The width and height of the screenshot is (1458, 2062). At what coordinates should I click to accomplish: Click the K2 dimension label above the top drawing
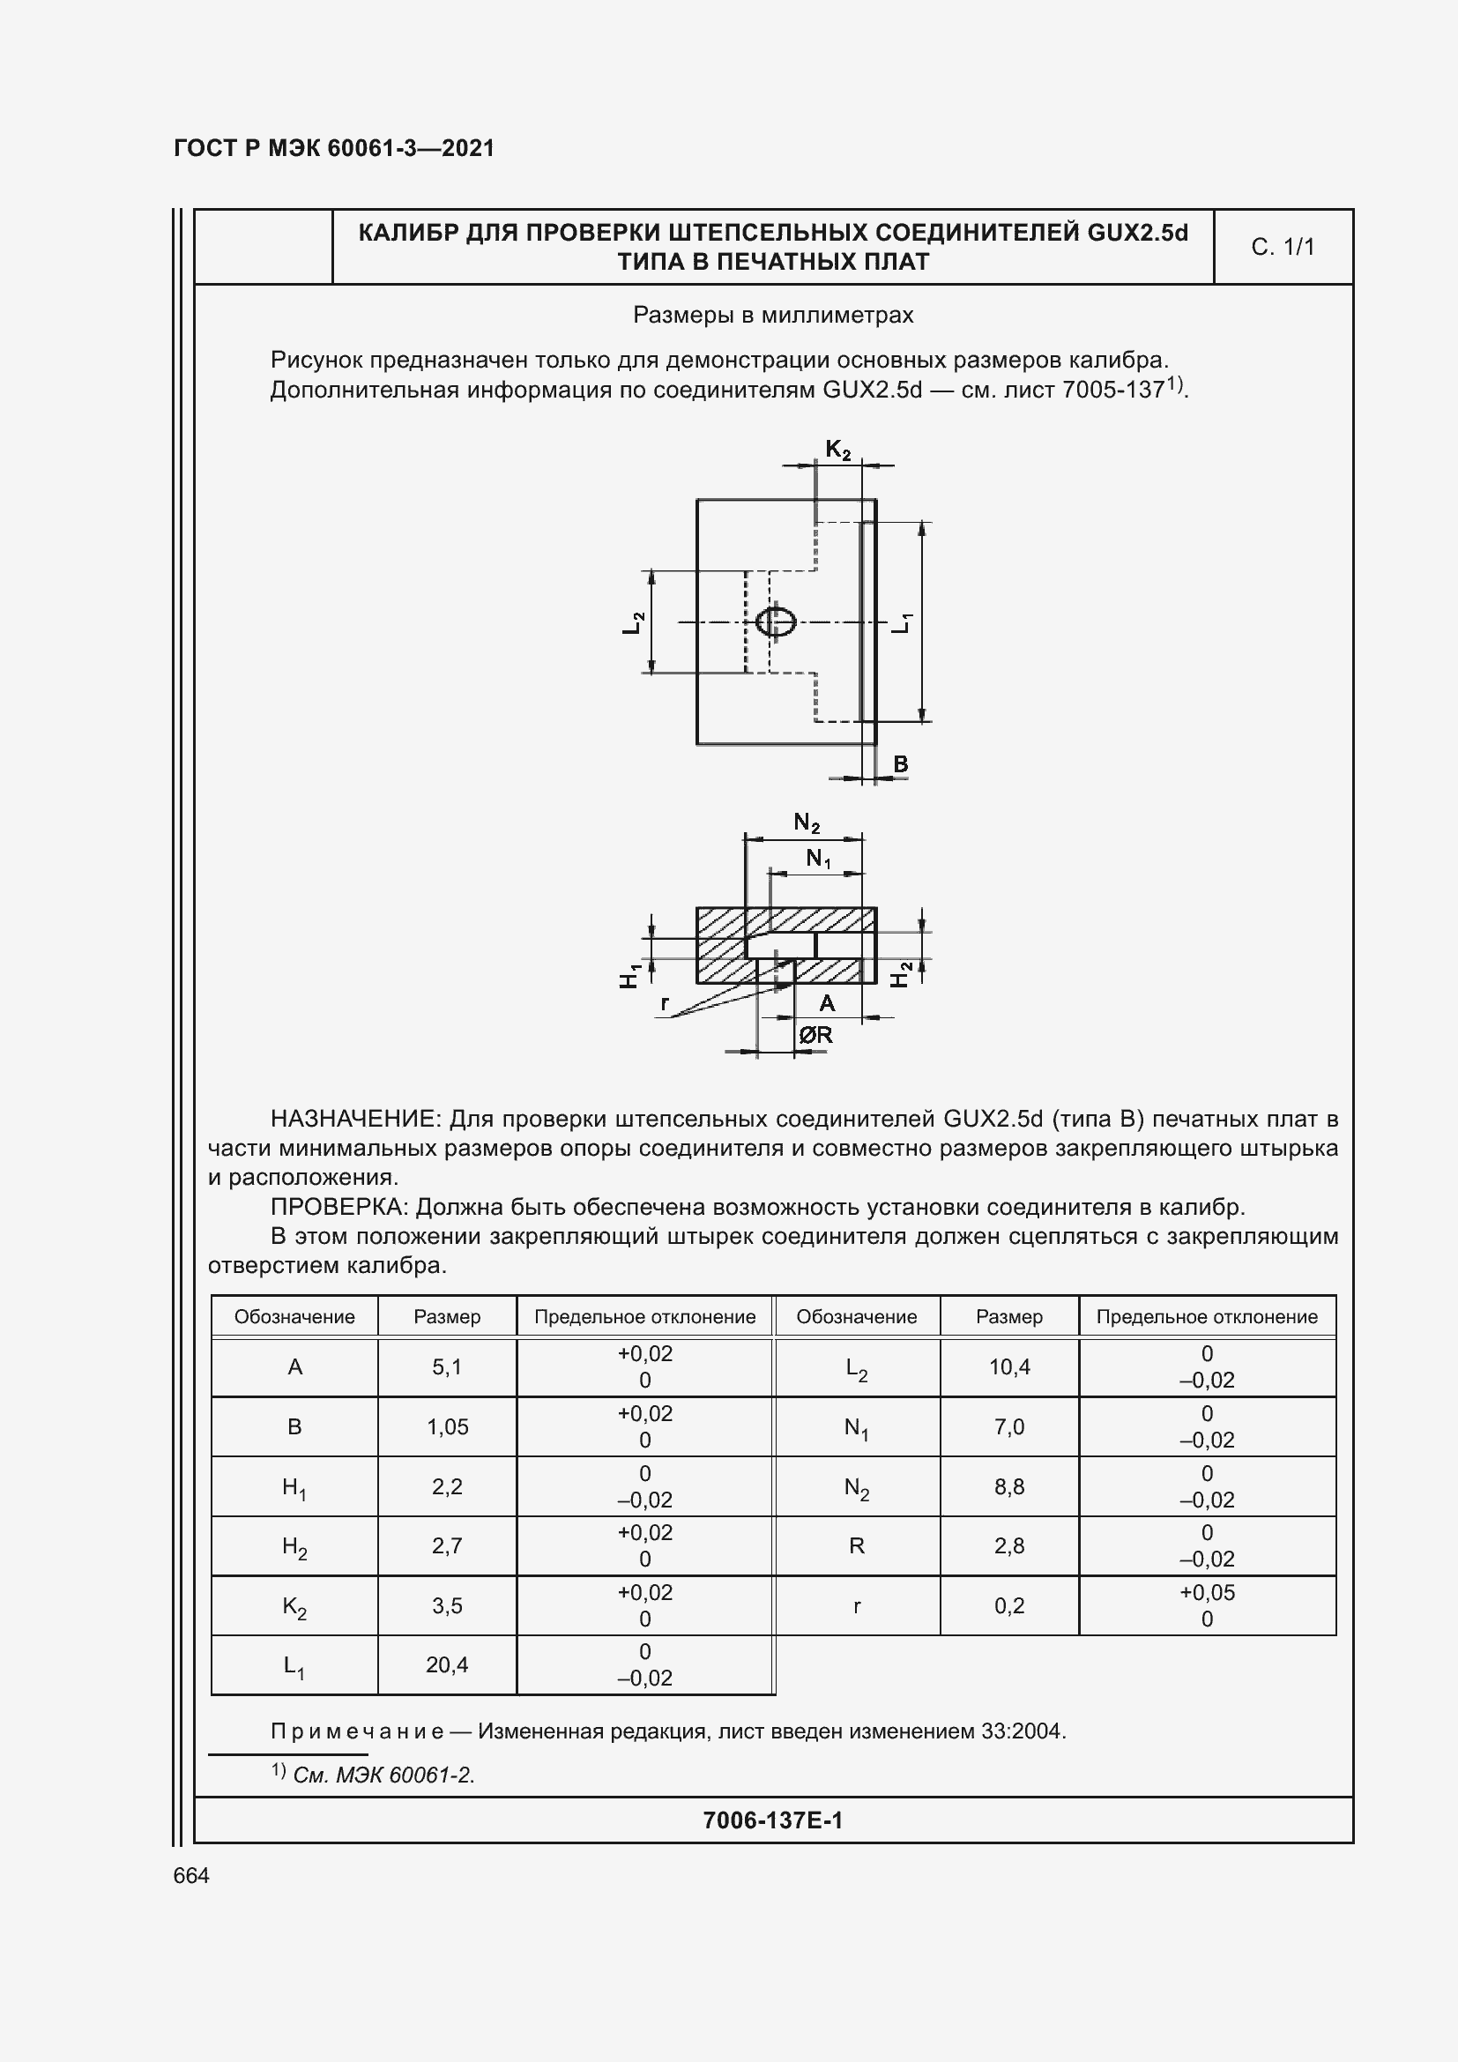(837, 450)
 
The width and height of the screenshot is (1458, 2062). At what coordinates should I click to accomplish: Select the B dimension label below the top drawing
(901, 764)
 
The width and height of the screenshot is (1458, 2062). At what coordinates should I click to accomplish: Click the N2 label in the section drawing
(807, 823)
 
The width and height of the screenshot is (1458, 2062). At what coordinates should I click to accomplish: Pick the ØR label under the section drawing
(816, 1036)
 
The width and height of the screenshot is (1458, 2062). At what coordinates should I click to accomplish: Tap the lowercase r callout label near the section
(665, 1003)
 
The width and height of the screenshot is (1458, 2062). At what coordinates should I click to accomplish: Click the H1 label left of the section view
(630, 975)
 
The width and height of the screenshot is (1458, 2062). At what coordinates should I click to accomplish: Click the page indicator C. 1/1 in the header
(1282, 247)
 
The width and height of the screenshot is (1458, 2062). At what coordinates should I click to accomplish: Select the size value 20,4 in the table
(446, 1665)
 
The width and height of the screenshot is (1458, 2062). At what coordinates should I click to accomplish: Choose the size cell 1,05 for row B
(446, 1427)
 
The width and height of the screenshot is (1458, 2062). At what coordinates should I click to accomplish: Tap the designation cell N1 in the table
(856, 1427)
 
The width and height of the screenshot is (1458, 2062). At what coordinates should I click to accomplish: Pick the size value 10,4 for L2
(1009, 1368)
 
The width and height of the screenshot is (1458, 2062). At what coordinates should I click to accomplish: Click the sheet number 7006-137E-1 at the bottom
(772, 1820)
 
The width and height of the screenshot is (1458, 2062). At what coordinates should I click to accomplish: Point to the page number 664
(191, 1875)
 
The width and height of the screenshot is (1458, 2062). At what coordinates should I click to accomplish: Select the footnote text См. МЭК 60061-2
(383, 1775)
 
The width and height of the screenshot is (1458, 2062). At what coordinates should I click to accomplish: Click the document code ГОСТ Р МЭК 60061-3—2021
(334, 148)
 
